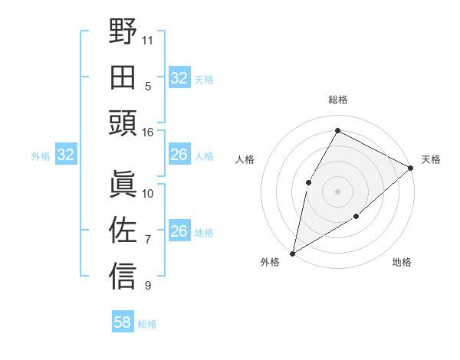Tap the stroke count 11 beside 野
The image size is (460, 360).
click(148, 39)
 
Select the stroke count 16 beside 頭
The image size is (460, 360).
click(148, 132)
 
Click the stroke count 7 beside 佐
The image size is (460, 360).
click(148, 240)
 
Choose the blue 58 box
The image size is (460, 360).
click(123, 322)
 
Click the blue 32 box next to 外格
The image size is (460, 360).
click(65, 155)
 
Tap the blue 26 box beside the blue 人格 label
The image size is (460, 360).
click(179, 155)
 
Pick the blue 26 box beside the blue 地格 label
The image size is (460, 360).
click(179, 231)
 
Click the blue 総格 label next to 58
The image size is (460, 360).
click(147, 324)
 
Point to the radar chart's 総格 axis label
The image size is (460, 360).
click(337, 100)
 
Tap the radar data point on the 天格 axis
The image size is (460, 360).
click(411, 169)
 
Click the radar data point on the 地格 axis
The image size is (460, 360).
click(356, 217)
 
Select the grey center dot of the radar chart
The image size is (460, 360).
click(337, 191)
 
